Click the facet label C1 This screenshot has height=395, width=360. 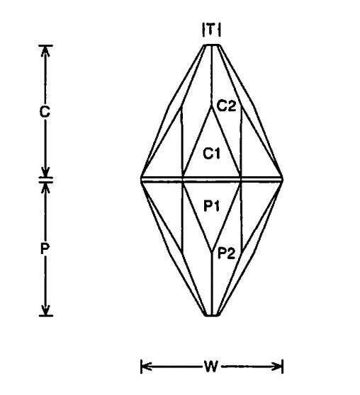[212, 153]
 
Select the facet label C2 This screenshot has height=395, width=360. [227, 105]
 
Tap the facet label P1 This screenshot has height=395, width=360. [212, 206]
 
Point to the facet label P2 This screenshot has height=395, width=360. [226, 253]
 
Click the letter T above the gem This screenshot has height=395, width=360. [212, 30]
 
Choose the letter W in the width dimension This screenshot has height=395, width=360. [211, 366]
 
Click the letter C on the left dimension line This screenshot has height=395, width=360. [45, 112]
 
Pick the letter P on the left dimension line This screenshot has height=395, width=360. [45, 249]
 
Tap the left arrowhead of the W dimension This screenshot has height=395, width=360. [146, 366]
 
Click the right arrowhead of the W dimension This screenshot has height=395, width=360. [276, 366]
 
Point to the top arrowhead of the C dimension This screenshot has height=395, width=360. [45, 51]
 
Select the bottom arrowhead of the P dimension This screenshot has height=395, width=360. [45, 310]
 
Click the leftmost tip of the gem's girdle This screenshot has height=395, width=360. [141, 179]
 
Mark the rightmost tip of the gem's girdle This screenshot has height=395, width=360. [283, 179]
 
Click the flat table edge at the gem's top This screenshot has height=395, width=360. [212, 45]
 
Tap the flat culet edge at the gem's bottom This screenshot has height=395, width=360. [212, 315]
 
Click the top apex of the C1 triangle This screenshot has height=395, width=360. [212, 105]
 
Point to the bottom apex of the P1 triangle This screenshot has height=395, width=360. [212, 251]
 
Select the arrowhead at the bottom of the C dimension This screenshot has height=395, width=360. [45, 172]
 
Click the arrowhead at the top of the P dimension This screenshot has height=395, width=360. [45, 187]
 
